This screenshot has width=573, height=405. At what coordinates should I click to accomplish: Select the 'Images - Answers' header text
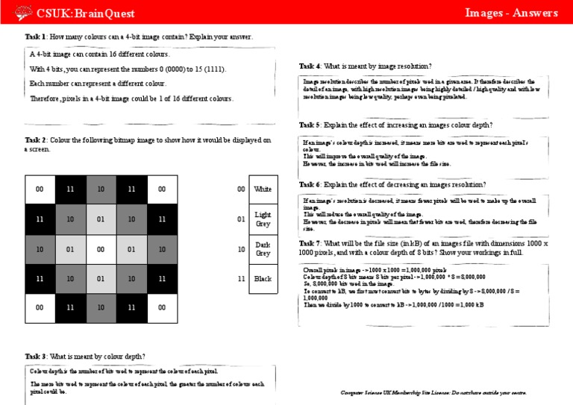pyautogui.click(x=511, y=13)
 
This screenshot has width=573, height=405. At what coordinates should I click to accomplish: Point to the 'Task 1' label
pyautogui.click(x=36, y=37)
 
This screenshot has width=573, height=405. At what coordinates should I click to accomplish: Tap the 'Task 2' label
pyautogui.click(x=36, y=139)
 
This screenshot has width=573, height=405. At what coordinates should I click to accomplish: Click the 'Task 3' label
pyautogui.click(x=36, y=356)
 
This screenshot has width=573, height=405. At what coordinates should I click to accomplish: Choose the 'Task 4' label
pyautogui.click(x=310, y=66)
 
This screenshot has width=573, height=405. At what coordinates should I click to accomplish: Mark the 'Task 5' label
pyautogui.click(x=310, y=125)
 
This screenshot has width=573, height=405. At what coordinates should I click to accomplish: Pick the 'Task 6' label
pyautogui.click(x=310, y=184)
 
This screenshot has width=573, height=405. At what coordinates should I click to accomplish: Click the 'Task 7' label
pyautogui.click(x=310, y=244)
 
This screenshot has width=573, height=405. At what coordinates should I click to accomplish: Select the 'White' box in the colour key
pyautogui.click(x=263, y=189)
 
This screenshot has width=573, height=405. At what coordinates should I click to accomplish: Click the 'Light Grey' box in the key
pyautogui.click(x=263, y=219)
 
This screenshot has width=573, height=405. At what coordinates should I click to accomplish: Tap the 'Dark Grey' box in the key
pyautogui.click(x=263, y=248)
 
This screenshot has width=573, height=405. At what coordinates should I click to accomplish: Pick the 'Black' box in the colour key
pyautogui.click(x=263, y=278)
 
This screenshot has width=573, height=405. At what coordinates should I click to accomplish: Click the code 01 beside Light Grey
pyautogui.click(x=240, y=219)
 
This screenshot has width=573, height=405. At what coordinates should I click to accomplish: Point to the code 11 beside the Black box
pyautogui.click(x=240, y=278)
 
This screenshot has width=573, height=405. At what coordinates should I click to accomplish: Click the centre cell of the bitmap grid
pyautogui.click(x=101, y=248)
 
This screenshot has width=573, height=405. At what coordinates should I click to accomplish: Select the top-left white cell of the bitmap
pyautogui.click(x=40, y=189)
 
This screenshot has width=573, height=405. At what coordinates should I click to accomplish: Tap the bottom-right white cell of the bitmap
pyautogui.click(x=162, y=307)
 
